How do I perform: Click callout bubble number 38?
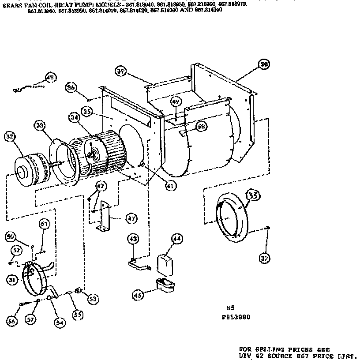click(x=264, y=64)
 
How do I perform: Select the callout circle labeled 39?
click(x=121, y=71)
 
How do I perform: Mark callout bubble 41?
click(x=170, y=186)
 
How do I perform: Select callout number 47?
click(x=131, y=218)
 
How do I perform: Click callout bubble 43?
click(x=133, y=239)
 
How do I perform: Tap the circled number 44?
click(x=177, y=239)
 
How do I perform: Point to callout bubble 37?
click(x=264, y=259)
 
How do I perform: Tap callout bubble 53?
click(x=93, y=299)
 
